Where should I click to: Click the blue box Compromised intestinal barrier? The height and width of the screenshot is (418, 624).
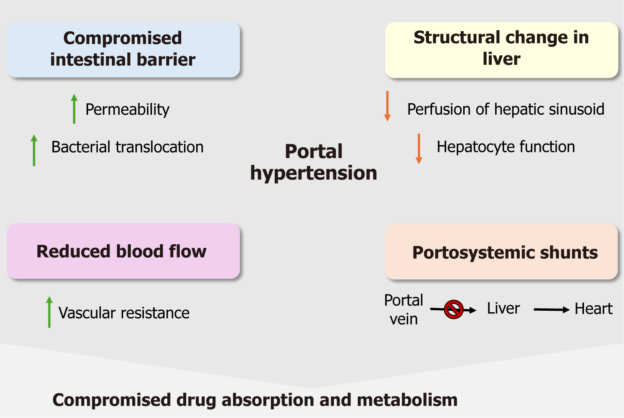click(x=123, y=49)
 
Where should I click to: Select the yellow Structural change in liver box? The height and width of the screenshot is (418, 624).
click(x=501, y=49)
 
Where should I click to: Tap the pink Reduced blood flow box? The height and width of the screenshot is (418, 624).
click(x=123, y=251)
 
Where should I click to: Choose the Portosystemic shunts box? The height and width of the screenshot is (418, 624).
click(x=501, y=252)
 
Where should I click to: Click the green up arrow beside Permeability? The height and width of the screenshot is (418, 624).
click(x=74, y=109)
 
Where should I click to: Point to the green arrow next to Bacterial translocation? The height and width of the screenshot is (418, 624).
click(x=34, y=150)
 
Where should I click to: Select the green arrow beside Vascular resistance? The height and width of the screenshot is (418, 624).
click(x=49, y=312)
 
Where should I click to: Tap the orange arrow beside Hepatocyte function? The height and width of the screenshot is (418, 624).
click(x=419, y=149)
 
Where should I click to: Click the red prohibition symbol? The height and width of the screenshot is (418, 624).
click(x=454, y=309)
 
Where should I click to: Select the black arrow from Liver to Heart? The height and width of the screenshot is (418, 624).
click(x=551, y=310)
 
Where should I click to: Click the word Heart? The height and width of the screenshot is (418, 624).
click(x=593, y=309)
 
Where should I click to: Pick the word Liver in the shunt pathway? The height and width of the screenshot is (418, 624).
click(x=503, y=308)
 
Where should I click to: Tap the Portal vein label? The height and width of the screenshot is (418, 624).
click(x=404, y=310)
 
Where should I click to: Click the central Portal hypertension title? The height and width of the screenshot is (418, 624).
click(x=314, y=162)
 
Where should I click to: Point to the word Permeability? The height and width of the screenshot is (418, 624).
click(x=127, y=110)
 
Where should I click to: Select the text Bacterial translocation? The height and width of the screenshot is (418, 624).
click(x=127, y=147)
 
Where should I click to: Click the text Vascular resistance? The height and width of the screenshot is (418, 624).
click(x=124, y=313)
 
